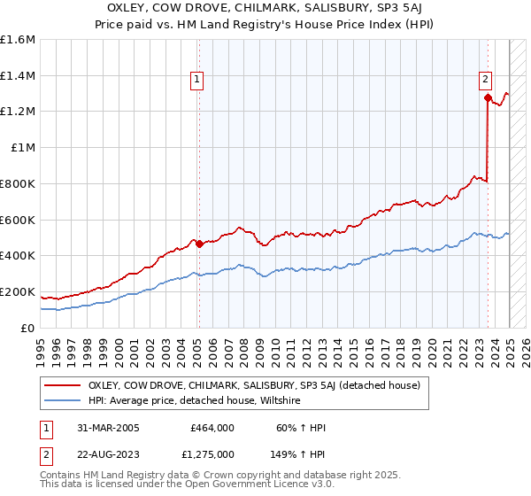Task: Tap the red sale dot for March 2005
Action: coord(199,244)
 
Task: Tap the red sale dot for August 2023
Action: coord(488,97)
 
